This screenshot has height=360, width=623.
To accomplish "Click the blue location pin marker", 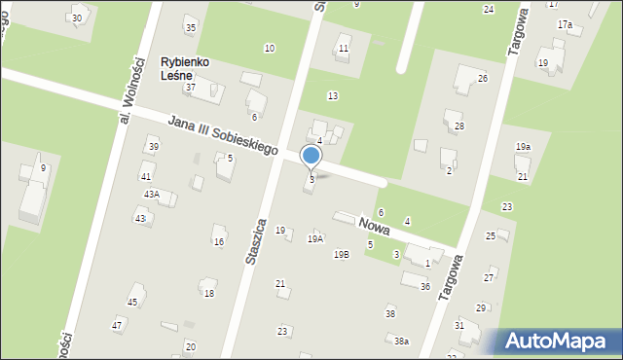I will click(x=311, y=157).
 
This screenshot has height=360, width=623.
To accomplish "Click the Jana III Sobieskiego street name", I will click(x=223, y=136).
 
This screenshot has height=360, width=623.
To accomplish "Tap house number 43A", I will click(x=151, y=195).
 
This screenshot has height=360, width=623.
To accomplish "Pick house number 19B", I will click(x=341, y=255).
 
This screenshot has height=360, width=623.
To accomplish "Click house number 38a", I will click(x=401, y=341).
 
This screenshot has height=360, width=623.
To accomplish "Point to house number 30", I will click(x=77, y=18).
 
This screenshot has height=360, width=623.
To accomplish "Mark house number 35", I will click(x=191, y=27).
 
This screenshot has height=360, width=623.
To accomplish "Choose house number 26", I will click(x=482, y=78).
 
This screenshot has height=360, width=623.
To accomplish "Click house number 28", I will click(x=459, y=126).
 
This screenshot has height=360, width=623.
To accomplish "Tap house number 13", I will click(x=333, y=95).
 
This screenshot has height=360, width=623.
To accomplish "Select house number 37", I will click(x=191, y=88).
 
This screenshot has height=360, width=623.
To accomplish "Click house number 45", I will click(x=132, y=303).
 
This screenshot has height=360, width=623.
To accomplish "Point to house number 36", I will click(x=425, y=286).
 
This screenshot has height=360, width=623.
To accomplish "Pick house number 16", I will click(x=219, y=242).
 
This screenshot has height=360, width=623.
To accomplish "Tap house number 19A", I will click(x=315, y=238).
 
